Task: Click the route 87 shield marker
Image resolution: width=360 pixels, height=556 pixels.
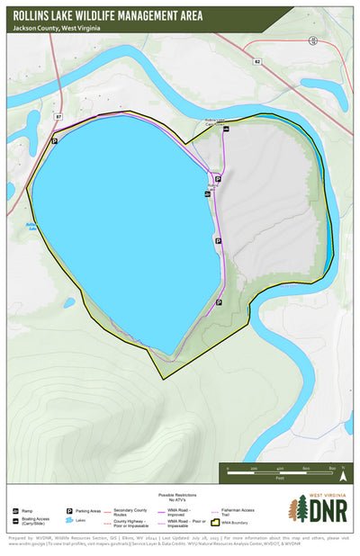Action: pyautogui.click(x=58, y=117)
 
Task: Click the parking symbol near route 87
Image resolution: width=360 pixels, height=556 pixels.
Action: pyautogui.click(x=55, y=141)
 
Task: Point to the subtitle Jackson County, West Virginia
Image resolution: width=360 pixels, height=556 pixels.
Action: pyautogui.click(x=57, y=29)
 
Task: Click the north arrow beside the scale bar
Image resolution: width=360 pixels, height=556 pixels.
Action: pyautogui.click(x=343, y=465)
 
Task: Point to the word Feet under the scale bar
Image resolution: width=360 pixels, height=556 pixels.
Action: pyautogui.click(x=280, y=479)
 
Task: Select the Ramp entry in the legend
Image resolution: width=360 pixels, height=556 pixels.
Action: pyautogui.click(x=25, y=509)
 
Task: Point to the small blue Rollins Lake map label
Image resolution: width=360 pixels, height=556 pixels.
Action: pyautogui.click(x=31, y=226)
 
